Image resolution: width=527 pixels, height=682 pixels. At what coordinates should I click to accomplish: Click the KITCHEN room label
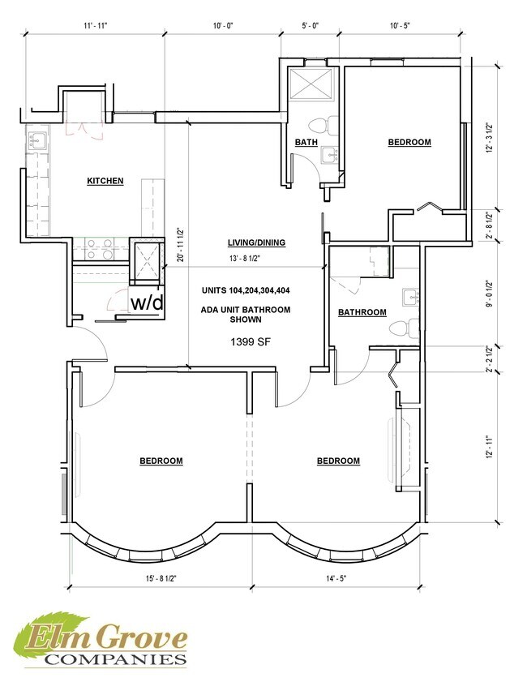click(105, 181)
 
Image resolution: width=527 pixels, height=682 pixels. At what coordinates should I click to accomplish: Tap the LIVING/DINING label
click(256, 242)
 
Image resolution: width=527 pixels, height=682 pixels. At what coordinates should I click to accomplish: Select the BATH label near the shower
click(306, 142)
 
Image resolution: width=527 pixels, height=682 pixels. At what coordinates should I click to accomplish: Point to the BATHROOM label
click(362, 312)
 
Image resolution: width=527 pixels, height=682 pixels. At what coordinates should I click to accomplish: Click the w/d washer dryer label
click(148, 302)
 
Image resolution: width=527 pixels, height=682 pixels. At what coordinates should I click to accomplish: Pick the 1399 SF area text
click(251, 342)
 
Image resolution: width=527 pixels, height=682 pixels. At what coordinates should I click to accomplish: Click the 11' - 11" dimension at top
click(95, 25)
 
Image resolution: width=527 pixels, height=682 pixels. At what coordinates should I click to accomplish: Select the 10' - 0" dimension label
click(223, 25)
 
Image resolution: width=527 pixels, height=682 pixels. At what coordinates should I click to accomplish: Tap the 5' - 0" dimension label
click(310, 25)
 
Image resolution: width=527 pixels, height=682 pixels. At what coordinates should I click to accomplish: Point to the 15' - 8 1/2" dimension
click(161, 578)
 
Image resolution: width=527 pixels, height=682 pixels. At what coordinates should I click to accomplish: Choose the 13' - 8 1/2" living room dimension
click(244, 258)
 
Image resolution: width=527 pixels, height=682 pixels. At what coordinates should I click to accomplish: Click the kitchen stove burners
click(101, 249)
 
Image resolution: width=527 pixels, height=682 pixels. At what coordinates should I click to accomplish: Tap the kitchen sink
click(37, 141)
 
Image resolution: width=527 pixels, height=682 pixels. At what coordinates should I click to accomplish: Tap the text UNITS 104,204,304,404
click(246, 290)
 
